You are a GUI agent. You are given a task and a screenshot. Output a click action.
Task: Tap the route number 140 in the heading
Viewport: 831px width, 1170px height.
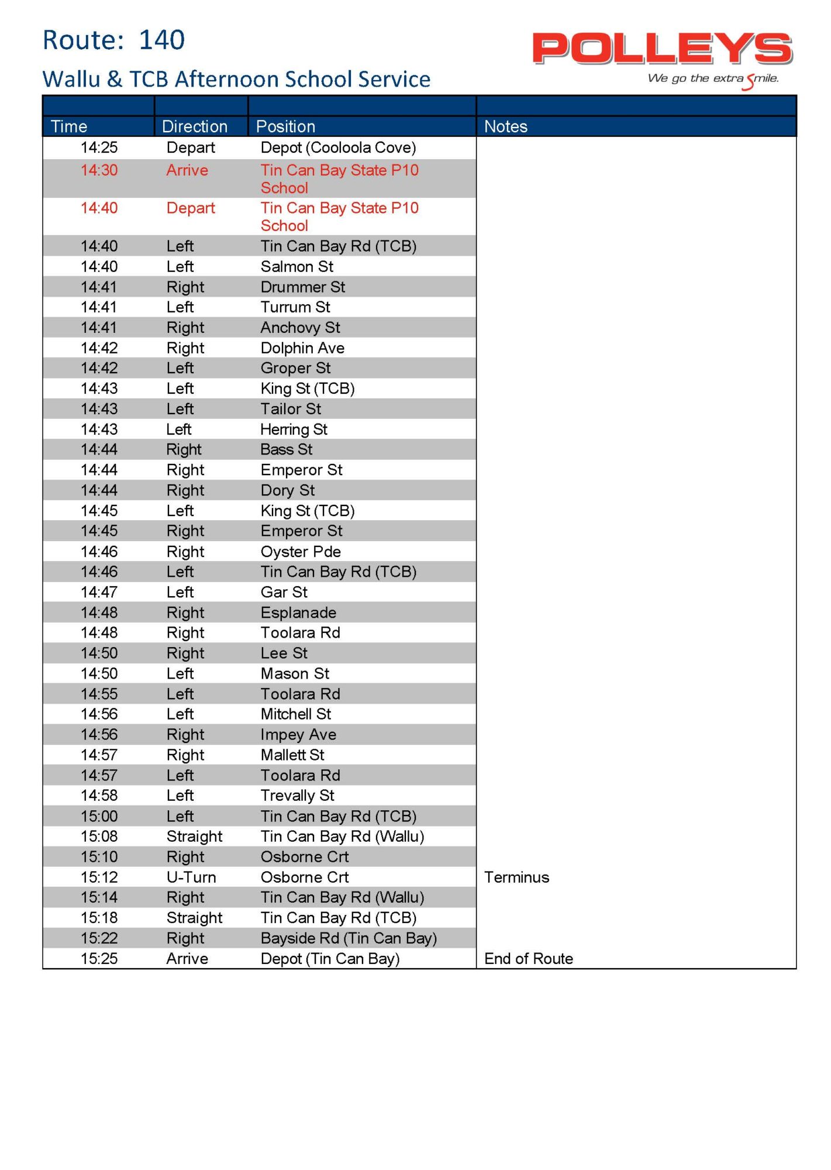click(161, 40)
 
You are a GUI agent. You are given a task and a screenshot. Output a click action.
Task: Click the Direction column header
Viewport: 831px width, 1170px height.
click(194, 126)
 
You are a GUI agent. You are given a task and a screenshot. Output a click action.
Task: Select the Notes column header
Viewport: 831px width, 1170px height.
click(505, 126)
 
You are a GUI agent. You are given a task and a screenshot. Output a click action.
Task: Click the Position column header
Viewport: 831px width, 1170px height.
click(285, 126)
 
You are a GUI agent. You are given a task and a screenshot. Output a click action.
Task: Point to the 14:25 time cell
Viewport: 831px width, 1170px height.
click(99, 147)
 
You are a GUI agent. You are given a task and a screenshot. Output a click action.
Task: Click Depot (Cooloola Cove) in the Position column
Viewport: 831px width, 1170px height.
click(338, 147)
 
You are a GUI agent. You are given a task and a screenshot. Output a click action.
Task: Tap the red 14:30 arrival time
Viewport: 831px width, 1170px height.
click(99, 170)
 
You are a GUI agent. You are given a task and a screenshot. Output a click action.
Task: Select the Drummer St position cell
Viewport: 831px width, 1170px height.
click(302, 287)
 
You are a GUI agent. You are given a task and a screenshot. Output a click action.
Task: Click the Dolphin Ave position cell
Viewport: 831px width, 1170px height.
click(302, 348)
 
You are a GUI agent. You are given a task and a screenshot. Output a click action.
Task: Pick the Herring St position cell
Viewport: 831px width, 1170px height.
click(294, 429)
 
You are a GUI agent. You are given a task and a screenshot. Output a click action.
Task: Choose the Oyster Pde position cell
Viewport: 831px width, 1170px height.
click(301, 552)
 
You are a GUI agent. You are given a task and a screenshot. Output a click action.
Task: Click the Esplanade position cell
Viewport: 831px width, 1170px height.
click(298, 612)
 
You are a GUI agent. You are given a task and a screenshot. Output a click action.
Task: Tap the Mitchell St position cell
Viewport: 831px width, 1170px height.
click(295, 714)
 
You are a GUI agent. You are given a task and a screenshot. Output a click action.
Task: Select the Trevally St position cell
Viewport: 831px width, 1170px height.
click(297, 796)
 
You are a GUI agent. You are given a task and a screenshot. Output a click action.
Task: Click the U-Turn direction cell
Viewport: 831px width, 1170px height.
click(191, 877)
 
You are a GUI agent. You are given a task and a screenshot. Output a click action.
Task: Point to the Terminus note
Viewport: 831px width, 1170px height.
click(516, 877)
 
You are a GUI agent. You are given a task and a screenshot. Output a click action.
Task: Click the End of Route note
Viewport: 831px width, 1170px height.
click(528, 959)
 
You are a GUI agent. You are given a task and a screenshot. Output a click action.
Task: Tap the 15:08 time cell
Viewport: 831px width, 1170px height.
click(99, 837)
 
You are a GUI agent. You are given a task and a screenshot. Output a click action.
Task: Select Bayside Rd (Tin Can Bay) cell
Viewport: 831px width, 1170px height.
click(349, 938)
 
